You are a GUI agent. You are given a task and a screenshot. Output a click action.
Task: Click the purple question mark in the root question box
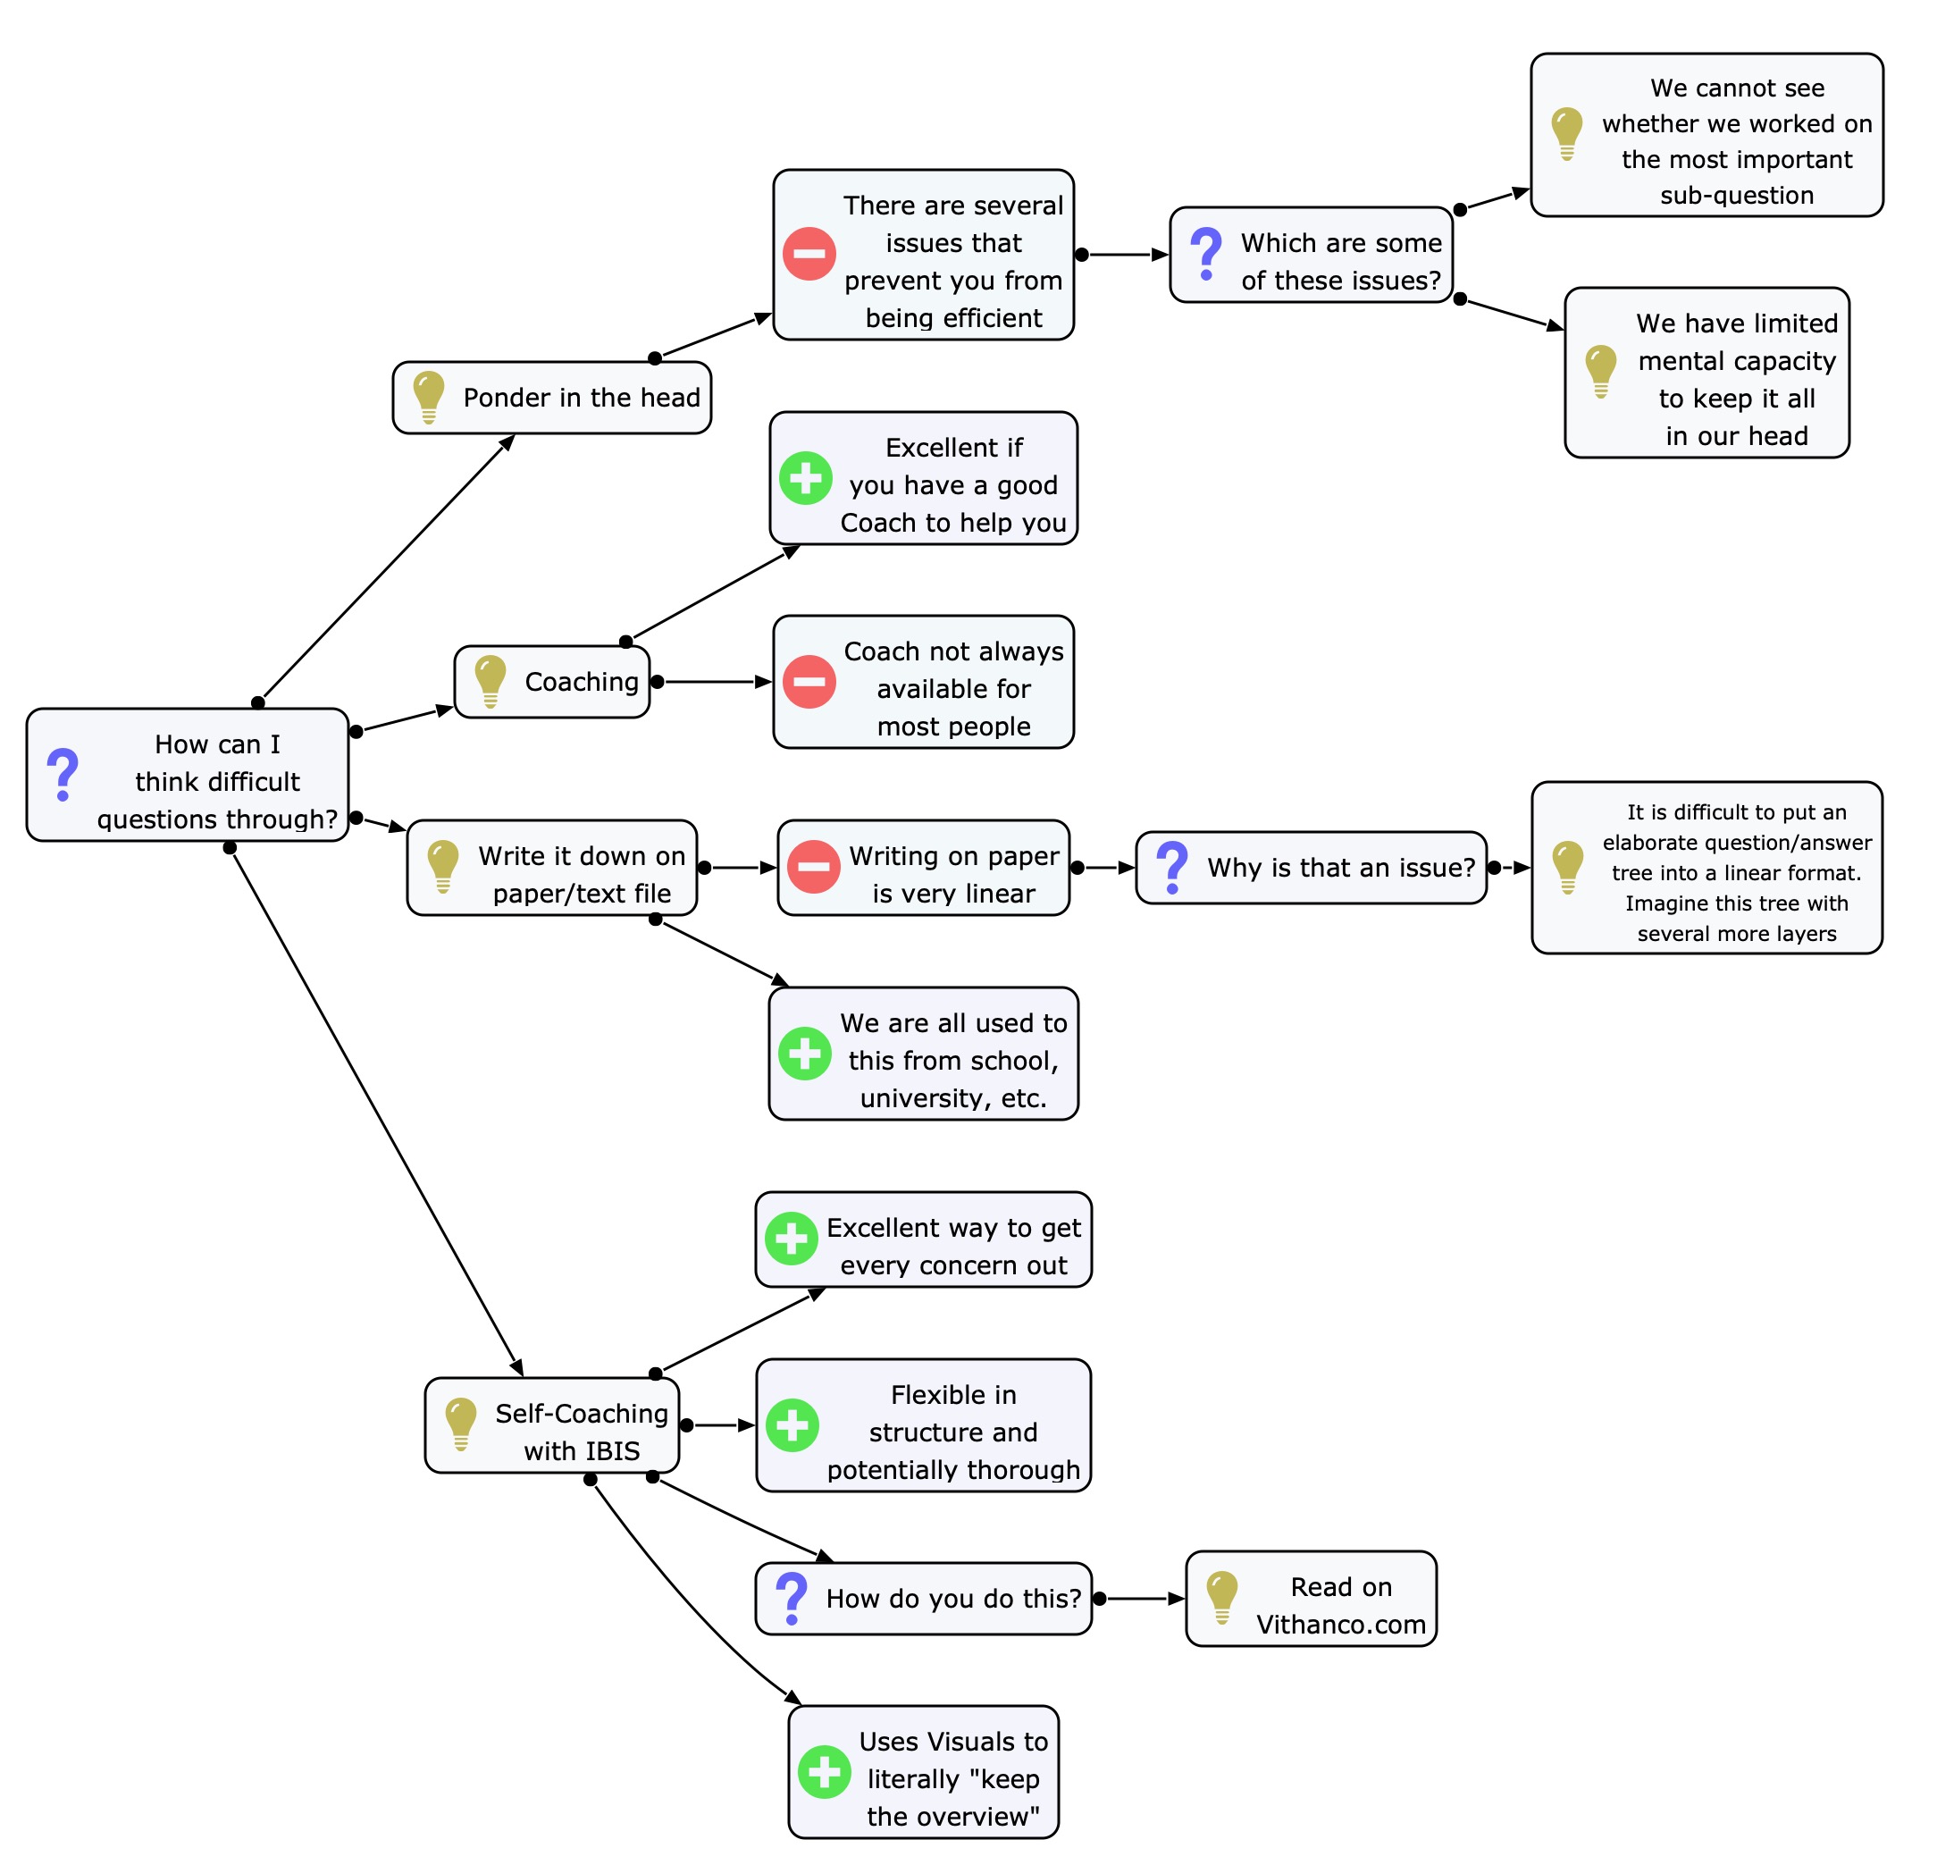pyautogui.click(x=63, y=775)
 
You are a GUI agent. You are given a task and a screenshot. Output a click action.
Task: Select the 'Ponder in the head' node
pyautogui.click(x=551, y=398)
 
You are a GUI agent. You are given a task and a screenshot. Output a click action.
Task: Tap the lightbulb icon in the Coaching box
pyautogui.click(x=491, y=681)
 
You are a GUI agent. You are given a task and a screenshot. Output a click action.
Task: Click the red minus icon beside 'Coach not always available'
pyautogui.click(x=809, y=682)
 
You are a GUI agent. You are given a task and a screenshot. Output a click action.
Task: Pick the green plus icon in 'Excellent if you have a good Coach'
pyautogui.click(x=805, y=478)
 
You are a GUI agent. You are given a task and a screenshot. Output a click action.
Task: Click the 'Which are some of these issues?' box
pyautogui.click(x=1311, y=255)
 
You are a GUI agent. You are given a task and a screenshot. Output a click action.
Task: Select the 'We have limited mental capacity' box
pyautogui.click(x=1706, y=373)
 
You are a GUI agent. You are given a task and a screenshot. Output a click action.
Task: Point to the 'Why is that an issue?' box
pyautogui.click(x=1311, y=868)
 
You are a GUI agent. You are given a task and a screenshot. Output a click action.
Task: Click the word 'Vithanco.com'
pyautogui.click(x=1340, y=1625)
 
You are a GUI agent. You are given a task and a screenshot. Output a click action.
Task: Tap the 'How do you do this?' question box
pyautogui.click(x=923, y=1599)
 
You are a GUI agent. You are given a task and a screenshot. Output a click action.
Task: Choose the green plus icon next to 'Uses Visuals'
pyautogui.click(x=825, y=1772)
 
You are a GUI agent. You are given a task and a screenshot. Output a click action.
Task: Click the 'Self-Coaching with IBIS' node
pyautogui.click(x=551, y=1425)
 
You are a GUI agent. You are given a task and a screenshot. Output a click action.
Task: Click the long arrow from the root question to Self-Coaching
pyautogui.click(x=375, y=1112)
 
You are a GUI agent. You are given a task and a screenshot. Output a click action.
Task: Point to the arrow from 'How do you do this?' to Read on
pyautogui.click(x=1142, y=1599)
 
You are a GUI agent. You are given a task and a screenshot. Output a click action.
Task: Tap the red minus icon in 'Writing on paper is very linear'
pyautogui.click(x=813, y=867)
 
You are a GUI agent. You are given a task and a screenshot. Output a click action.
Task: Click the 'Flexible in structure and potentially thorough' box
pyautogui.click(x=923, y=1425)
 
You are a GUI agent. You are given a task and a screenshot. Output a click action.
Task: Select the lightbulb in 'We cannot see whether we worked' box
pyautogui.click(x=1566, y=132)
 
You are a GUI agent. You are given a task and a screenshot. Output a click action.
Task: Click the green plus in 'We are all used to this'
pyautogui.click(x=804, y=1054)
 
